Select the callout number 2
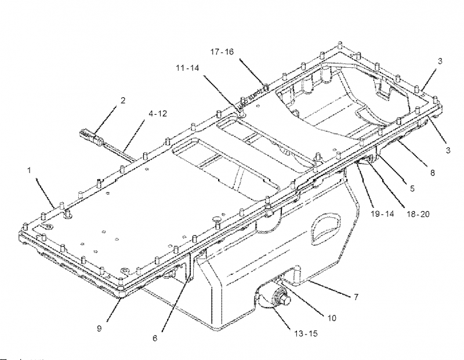tap(122, 100)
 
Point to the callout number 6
tap(154, 338)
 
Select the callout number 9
tap(100, 328)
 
